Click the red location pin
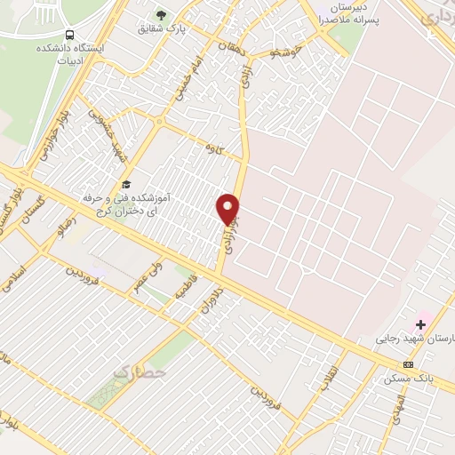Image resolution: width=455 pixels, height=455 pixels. (x=228, y=208)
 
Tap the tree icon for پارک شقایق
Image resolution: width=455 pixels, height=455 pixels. (x=161, y=14)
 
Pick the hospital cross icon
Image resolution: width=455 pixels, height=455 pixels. (x=420, y=325)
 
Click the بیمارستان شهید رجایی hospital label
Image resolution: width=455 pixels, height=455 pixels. (x=416, y=339)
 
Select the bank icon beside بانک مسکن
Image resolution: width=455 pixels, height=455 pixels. (x=408, y=364)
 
